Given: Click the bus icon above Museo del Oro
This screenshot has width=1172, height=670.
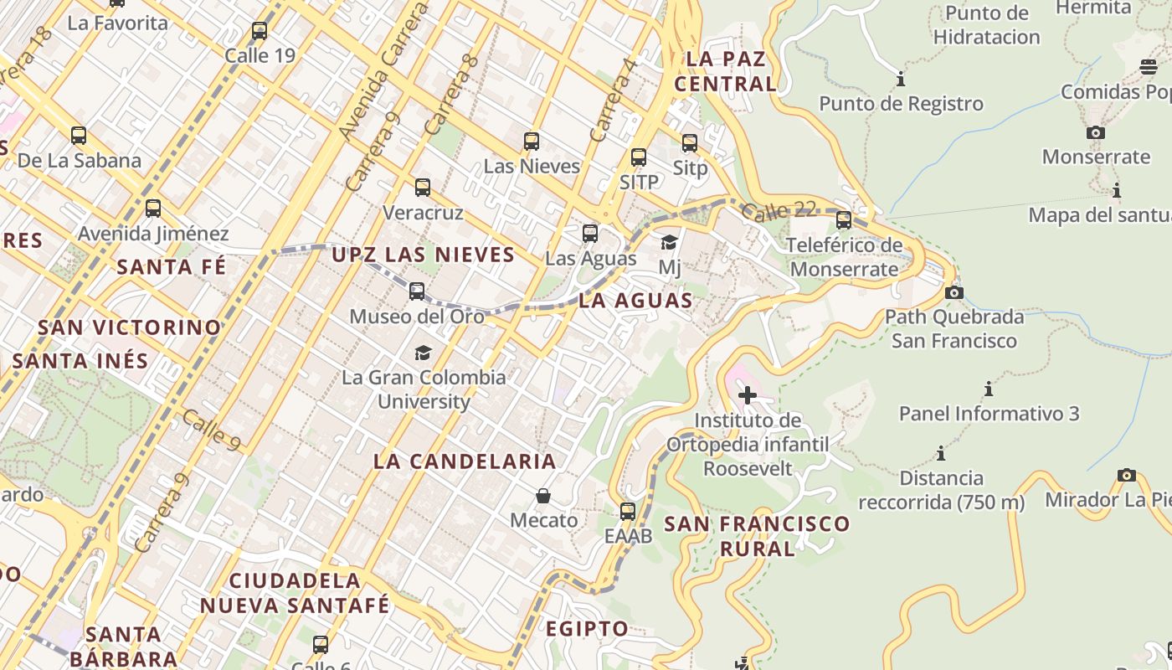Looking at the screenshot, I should (x=417, y=291).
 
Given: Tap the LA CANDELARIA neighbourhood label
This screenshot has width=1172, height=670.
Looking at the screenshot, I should (x=465, y=461).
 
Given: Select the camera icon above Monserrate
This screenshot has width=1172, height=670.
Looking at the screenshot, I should (x=1095, y=132).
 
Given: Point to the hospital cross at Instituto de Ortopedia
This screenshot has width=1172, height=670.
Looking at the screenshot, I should (x=748, y=394).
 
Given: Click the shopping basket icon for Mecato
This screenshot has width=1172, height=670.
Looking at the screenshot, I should (x=543, y=496).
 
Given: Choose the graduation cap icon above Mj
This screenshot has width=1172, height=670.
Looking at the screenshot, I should (x=669, y=243).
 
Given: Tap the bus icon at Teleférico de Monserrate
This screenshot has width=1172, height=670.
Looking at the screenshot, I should (x=844, y=220).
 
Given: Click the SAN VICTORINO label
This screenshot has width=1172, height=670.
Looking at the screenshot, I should (x=130, y=327).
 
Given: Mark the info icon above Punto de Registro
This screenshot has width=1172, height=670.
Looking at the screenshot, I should (x=901, y=80).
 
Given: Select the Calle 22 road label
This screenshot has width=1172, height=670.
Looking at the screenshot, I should (x=779, y=210).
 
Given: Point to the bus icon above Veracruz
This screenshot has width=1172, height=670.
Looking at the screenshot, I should (x=423, y=188).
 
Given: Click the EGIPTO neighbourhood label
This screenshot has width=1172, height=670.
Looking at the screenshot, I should (x=587, y=629).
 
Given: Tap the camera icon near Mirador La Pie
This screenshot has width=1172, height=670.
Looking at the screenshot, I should (x=1127, y=476).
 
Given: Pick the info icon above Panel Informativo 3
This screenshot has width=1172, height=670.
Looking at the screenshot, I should (x=989, y=389).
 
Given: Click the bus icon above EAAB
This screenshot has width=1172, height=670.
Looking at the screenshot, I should (x=628, y=511).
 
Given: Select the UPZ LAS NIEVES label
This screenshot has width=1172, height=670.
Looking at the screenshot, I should (x=423, y=255).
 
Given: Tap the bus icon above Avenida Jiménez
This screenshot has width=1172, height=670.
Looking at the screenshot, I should (x=153, y=209).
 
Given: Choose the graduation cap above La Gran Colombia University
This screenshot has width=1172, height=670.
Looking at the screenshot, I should (x=423, y=353).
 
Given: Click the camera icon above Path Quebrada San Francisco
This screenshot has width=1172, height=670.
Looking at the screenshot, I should (x=954, y=293).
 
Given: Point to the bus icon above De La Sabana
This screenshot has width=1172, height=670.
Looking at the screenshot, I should (x=79, y=136).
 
